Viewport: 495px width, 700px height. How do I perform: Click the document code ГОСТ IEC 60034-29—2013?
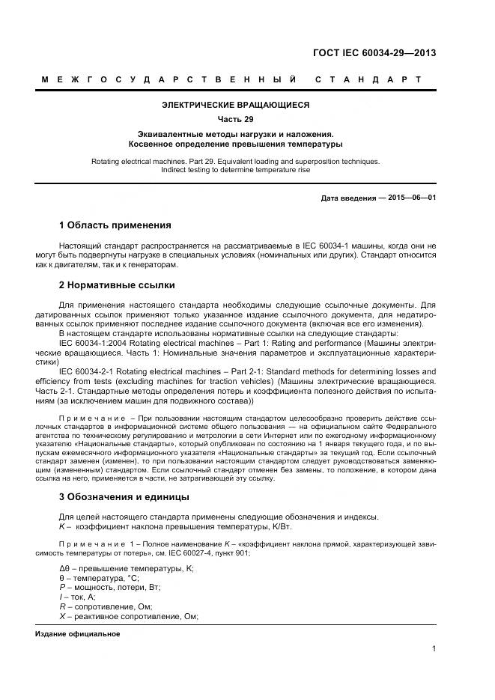click(374, 53)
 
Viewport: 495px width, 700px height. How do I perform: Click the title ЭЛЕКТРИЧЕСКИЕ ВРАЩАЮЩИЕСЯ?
click(235, 106)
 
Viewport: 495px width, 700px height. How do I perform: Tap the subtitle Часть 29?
click(235, 120)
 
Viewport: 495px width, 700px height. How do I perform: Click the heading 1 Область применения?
click(115, 225)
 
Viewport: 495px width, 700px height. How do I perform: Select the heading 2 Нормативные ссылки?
click(116, 285)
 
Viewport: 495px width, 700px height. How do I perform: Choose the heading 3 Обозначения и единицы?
click(124, 497)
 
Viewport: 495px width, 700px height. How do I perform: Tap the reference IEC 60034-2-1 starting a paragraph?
click(85, 371)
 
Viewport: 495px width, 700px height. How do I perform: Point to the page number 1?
click(434, 649)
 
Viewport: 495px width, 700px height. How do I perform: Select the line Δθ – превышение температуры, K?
click(126, 569)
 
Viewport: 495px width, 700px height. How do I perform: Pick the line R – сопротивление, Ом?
click(105, 607)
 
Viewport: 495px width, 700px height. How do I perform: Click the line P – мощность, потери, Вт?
click(115, 588)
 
